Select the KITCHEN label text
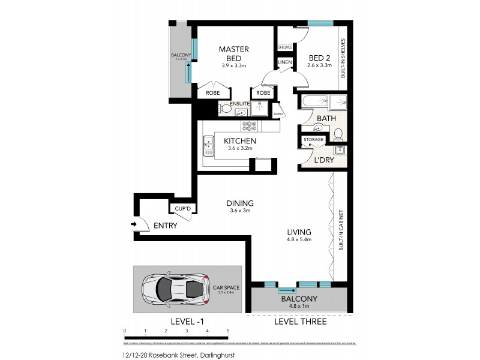point(240,141)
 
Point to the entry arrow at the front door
point(134,225)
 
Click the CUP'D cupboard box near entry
point(182,209)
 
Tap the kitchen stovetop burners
point(249,126)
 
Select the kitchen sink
point(208,143)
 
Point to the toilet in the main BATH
point(338,133)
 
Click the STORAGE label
point(313,140)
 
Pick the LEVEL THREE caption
point(300,322)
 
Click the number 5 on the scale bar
point(228,331)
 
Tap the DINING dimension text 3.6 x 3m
point(239,211)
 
